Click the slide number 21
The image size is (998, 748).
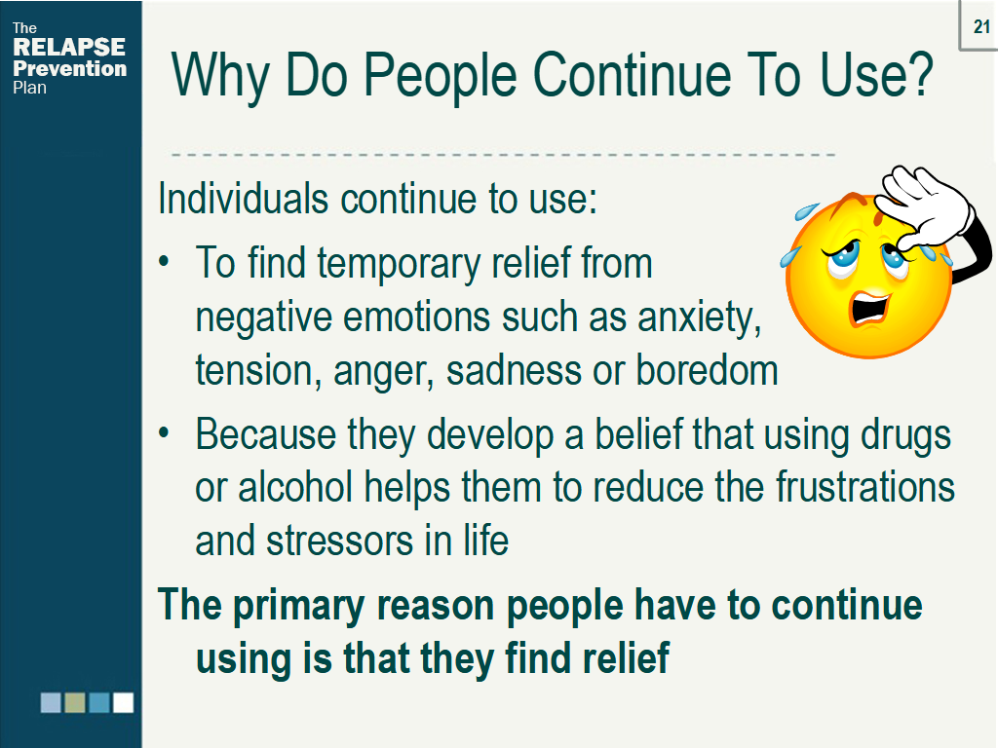click(x=981, y=27)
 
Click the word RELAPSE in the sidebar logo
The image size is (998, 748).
click(x=69, y=48)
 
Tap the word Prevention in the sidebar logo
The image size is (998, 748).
click(x=69, y=68)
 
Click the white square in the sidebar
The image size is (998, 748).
click(x=123, y=702)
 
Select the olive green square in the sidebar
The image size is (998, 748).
click(x=75, y=702)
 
